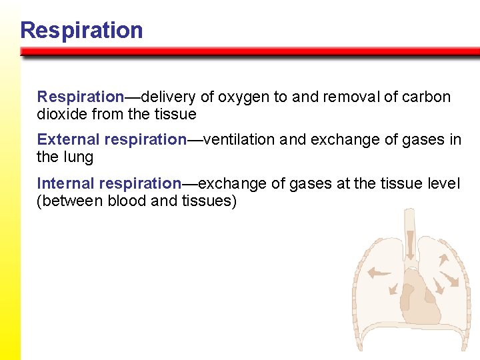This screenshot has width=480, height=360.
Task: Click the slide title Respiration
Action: pos(81,30)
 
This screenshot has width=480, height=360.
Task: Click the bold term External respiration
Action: pos(111,139)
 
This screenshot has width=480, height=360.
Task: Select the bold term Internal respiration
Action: pos(109,183)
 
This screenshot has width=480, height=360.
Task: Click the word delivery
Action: pos(169,97)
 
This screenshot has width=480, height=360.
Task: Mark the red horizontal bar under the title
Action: pos(250,51)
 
